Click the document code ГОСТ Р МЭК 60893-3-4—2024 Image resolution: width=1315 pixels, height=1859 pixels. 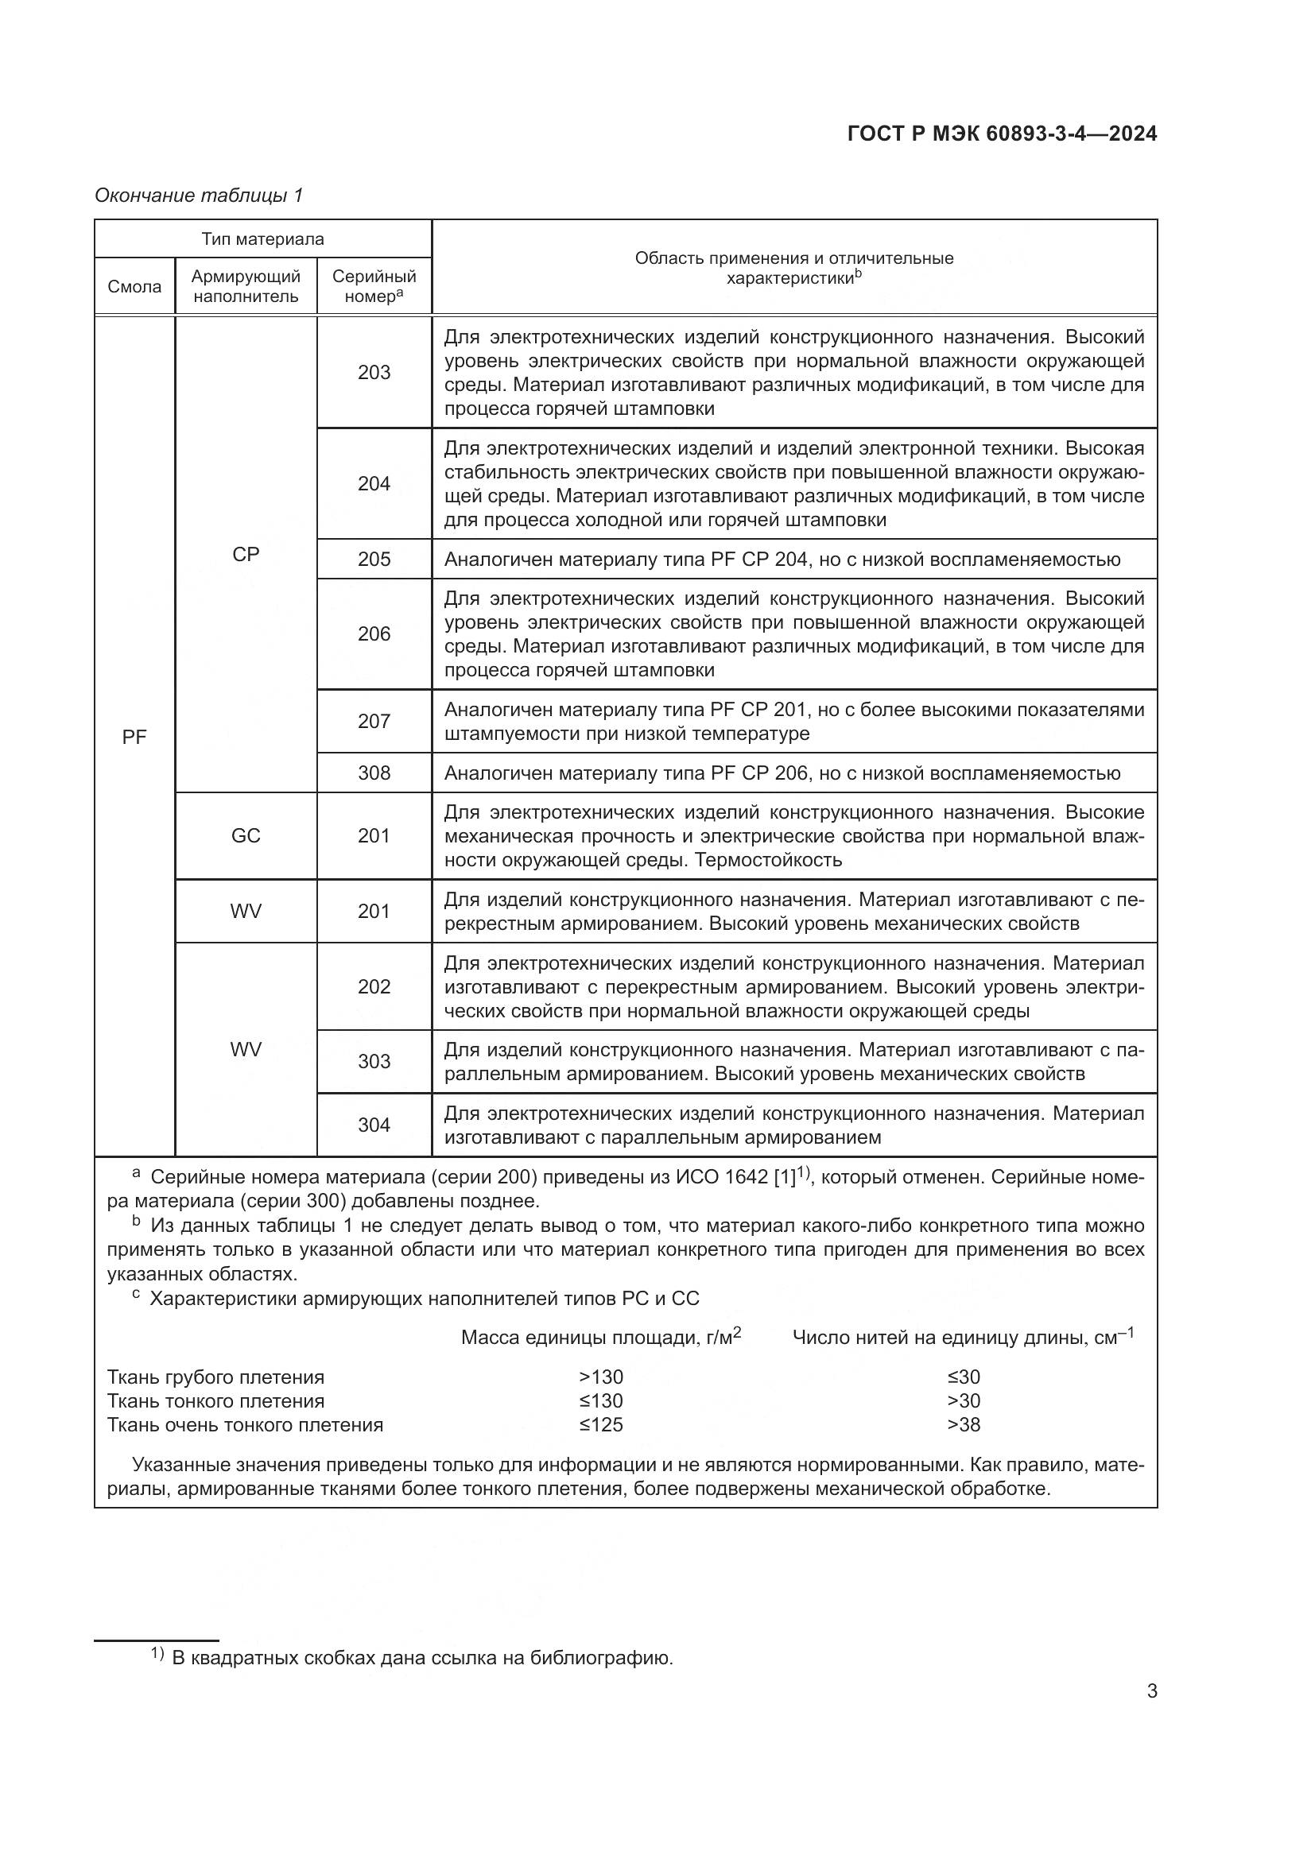[x=1002, y=134]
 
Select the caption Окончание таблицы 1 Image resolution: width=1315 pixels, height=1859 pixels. [x=199, y=196]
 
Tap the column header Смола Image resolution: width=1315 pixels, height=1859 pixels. [x=134, y=287]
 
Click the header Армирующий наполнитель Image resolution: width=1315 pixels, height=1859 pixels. [x=246, y=287]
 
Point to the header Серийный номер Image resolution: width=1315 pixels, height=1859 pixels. [x=374, y=287]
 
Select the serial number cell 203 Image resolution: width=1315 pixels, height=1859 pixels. [x=374, y=373]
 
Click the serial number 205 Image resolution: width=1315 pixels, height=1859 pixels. [x=374, y=560]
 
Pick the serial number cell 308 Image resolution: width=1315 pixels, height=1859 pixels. [x=374, y=773]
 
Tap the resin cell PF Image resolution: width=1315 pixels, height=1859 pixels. [x=134, y=738]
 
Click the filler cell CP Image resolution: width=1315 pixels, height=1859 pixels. [x=246, y=555]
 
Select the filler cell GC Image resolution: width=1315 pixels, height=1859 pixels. [x=246, y=835]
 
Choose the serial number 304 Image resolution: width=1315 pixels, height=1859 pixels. [x=374, y=1125]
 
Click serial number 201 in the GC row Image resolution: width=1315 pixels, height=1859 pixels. [x=374, y=835]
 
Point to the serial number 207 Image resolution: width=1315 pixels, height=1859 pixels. [x=374, y=722]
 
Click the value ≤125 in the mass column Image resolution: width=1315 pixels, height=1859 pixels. [x=601, y=1425]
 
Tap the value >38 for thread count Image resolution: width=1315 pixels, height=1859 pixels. [x=963, y=1425]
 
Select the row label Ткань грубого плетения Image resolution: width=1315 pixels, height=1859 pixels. [x=215, y=1377]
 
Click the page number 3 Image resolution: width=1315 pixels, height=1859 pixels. [x=1151, y=1691]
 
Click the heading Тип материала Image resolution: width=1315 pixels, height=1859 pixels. [x=262, y=239]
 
